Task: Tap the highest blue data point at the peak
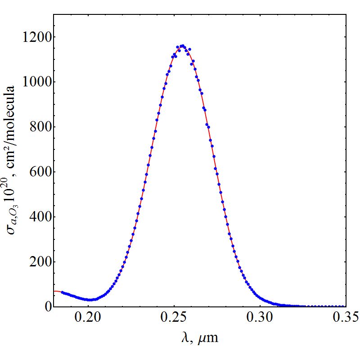tap(182, 46)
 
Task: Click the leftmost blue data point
tap(62, 292)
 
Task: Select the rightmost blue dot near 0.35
tap(345, 306)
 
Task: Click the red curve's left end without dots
tap(56, 291)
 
